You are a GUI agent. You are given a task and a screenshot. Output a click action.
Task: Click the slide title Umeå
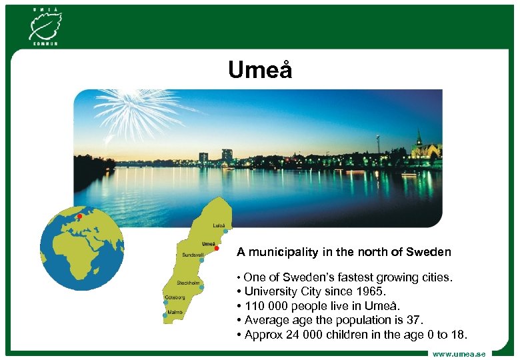point(260,70)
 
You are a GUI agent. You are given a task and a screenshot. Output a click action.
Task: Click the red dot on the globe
point(79,216)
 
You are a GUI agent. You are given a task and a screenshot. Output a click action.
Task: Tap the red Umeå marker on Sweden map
point(217,248)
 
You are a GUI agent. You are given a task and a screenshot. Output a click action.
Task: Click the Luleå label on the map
point(219,225)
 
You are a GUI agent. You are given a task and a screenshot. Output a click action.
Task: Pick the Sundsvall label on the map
point(193,254)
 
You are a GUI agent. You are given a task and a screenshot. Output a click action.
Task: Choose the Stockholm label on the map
point(189,283)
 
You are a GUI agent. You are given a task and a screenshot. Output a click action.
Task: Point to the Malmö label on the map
point(175,311)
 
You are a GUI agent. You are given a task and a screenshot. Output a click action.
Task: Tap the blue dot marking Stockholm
point(201,288)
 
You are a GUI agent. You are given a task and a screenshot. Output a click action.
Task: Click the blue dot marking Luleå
point(226,231)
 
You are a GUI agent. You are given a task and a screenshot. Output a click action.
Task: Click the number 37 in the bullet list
point(414,320)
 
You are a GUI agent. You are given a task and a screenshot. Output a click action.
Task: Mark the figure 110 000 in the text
point(263,305)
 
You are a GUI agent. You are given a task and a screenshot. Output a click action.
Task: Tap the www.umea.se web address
point(459,353)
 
